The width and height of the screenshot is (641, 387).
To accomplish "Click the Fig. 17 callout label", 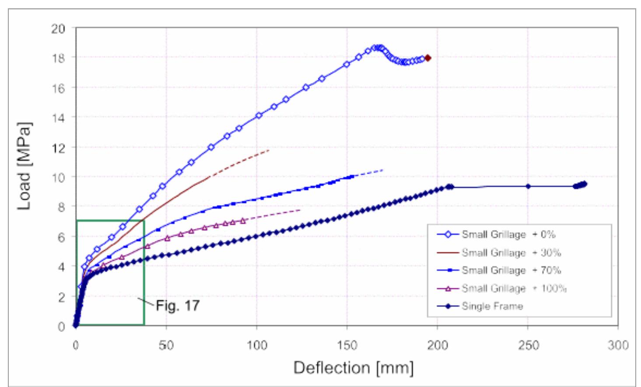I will [x=178, y=305].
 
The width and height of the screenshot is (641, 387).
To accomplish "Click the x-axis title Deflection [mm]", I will [x=353, y=368].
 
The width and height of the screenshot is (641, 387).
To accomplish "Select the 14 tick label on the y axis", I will [x=58, y=118].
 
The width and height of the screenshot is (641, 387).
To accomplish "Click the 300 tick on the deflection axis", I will [x=618, y=346].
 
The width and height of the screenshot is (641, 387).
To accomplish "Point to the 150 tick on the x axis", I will [x=347, y=346].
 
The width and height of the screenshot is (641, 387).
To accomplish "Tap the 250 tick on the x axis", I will [x=528, y=346].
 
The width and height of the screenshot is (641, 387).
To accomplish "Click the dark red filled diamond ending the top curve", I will [x=428, y=58].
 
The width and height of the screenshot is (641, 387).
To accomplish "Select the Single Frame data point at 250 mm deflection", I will [x=528, y=186].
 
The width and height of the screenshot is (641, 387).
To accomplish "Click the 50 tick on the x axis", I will [x=166, y=346].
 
